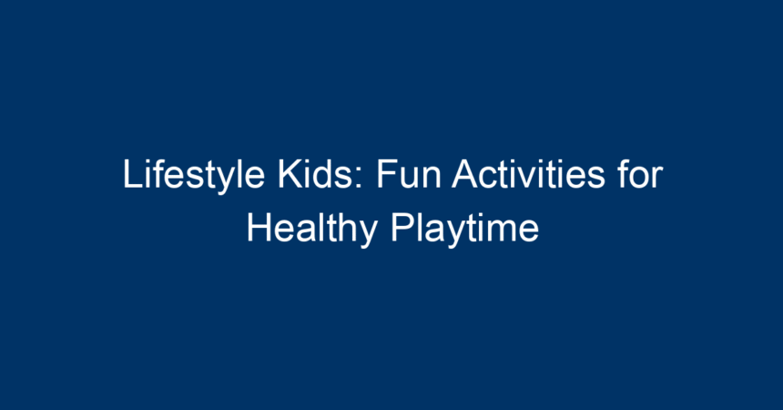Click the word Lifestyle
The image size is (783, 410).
pyautogui.click(x=194, y=176)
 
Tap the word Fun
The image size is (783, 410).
pyautogui.click(x=409, y=174)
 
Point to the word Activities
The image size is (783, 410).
pyautogui.click(x=528, y=174)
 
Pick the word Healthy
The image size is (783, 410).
pyautogui.click(x=312, y=230)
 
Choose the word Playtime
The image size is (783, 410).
pyautogui.click(x=465, y=230)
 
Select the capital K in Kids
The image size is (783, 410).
pyautogui.click(x=290, y=174)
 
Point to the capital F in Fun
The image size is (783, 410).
pyautogui.click(x=387, y=174)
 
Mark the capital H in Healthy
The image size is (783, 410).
pyautogui.click(x=259, y=228)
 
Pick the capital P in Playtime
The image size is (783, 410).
pyautogui.click(x=402, y=228)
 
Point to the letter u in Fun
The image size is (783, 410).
pyautogui.click(x=410, y=179)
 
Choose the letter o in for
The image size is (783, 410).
pyautogui.click(x=640, y=179)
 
